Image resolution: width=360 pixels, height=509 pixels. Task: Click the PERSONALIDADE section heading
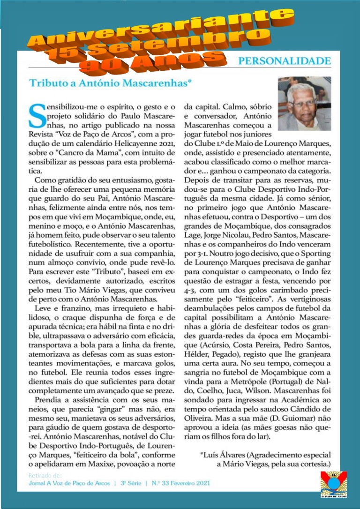[285, 61]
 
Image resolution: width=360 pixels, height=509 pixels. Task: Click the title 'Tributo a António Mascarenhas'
[104, 83]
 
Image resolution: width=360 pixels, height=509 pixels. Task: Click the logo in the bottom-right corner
[334, 484]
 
